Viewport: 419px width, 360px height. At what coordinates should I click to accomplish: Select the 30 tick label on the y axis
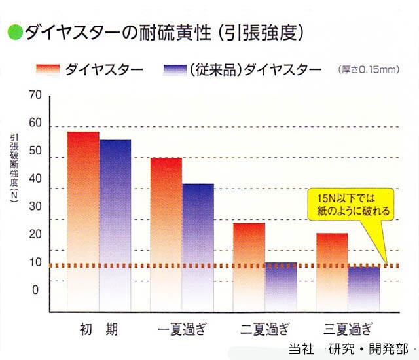[35, 206]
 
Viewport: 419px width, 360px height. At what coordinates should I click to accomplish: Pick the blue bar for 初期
[115, 225]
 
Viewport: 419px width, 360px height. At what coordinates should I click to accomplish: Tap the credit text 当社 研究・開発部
[348, 348]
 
